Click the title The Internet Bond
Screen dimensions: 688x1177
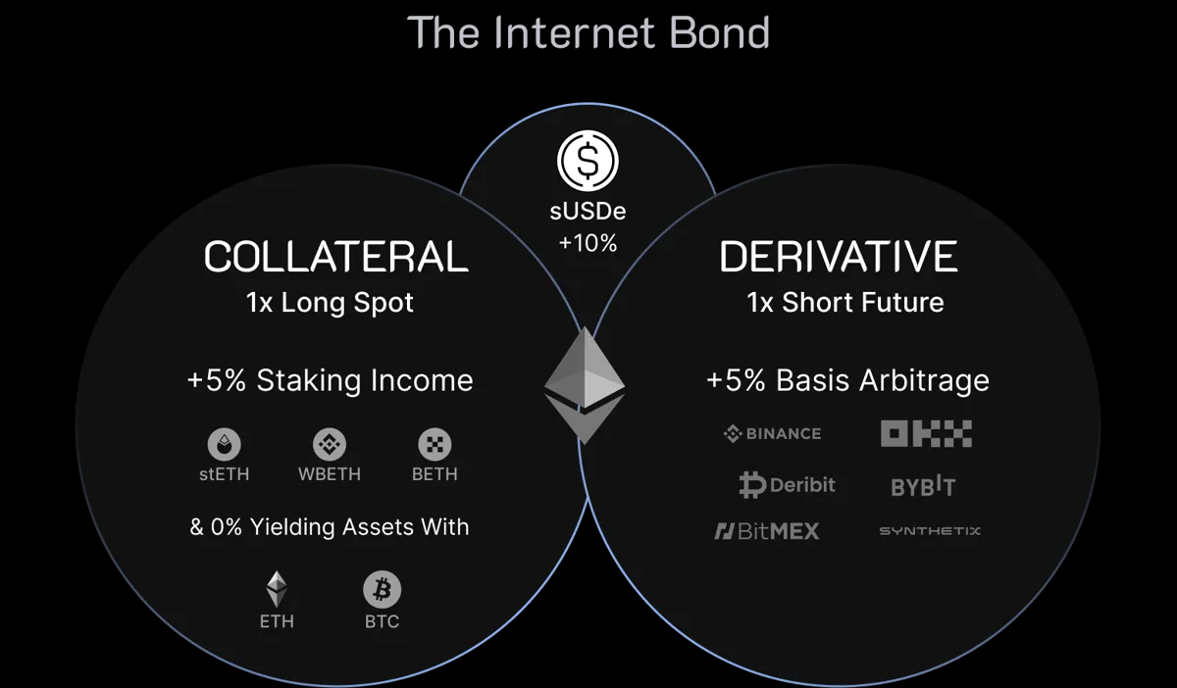coord(588,32)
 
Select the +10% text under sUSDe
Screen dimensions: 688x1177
coord(588,243)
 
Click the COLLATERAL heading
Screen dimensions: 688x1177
coord(335,257)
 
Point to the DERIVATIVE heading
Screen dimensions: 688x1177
coord(839,257)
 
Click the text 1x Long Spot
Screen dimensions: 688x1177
coord(330,303)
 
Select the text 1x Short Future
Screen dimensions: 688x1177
coord(845,303)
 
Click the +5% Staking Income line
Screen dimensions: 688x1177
coord(330,380)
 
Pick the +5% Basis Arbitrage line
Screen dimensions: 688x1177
coord(847,380)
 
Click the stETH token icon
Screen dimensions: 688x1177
coord(224,445)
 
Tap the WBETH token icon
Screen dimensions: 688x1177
coord(330,445)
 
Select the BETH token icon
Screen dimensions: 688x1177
coord(435,445)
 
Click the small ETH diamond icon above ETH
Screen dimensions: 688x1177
coord(277,589)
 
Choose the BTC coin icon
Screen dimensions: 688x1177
coord(382,590)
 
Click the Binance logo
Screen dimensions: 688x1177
coord(772,433)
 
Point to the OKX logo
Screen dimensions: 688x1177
coord(925,433)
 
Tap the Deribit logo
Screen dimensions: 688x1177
coord(787,485)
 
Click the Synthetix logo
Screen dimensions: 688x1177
coord(929,531)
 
